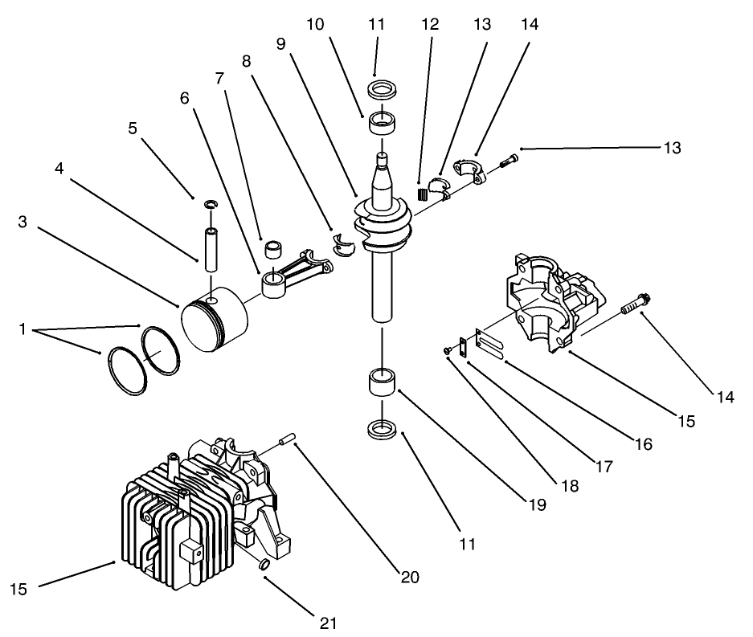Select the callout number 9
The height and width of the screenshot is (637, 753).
[280, 44]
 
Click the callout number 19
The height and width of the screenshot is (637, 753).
[538, 505]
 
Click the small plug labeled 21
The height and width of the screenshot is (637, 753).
[262, 567]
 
